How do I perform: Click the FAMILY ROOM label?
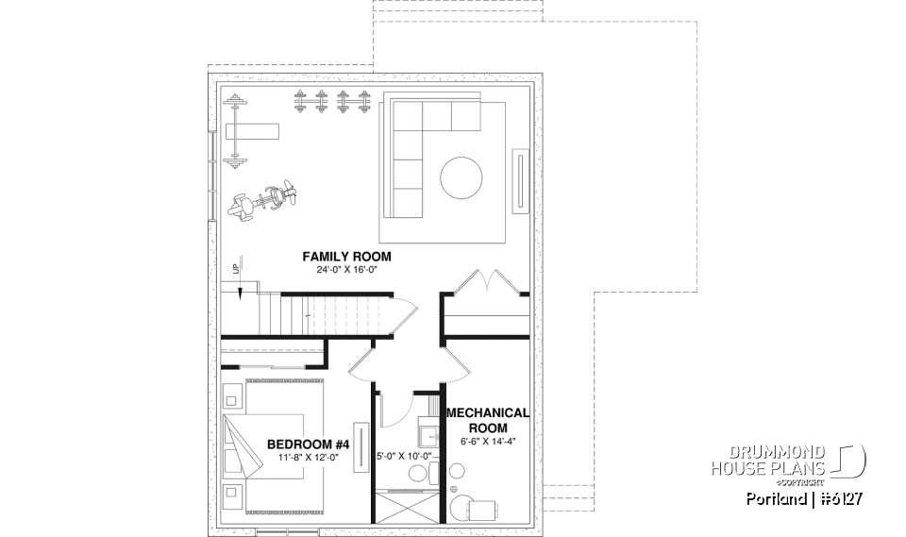click(x=346, y=257)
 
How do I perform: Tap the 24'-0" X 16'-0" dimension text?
click(x=346, y=270)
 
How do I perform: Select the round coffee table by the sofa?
click(x=461, y=177)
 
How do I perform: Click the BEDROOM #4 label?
click(x=308, y=445)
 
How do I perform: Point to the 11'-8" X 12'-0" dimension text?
click(x=308, y=458)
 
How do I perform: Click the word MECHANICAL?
click(x=487, y=413)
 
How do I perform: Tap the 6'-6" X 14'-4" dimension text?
click(x=487, y=441)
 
